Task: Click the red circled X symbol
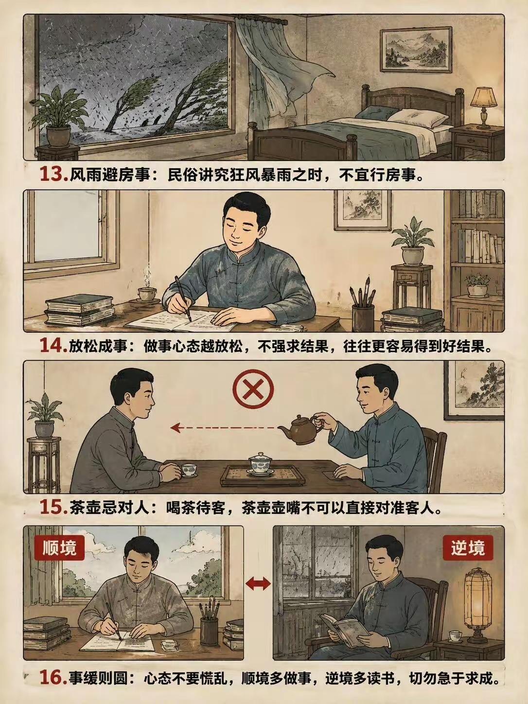tap(253, 390)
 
